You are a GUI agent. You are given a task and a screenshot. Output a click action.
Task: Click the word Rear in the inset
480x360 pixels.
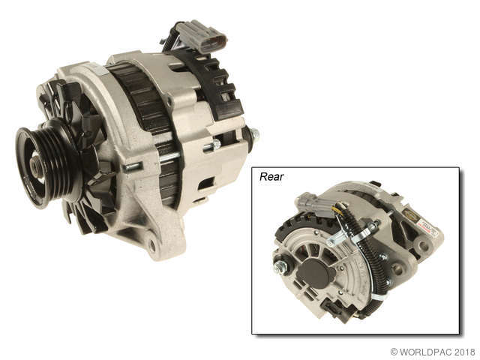[x=272, y=177]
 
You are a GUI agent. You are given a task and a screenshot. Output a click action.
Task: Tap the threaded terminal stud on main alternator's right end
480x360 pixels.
[x=254, y=136]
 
